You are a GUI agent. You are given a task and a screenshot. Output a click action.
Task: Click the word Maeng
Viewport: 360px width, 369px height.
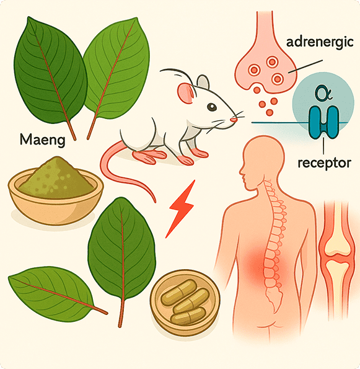click(42, 140)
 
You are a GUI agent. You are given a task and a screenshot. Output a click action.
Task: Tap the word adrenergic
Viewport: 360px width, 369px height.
click(320, 43)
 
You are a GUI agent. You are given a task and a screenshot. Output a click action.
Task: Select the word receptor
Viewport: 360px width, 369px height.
click(324, 163)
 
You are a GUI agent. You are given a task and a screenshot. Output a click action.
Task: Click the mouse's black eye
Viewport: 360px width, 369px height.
click(212, 107)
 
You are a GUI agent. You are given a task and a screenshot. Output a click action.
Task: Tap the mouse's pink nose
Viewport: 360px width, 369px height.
click(234, 120)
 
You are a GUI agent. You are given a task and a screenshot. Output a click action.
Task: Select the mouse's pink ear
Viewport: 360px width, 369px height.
click(186, 94)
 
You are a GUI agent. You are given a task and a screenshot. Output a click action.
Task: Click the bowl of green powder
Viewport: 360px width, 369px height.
click(56, 190)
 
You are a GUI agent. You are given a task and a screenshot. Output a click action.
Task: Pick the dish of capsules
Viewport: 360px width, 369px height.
click(185, 303)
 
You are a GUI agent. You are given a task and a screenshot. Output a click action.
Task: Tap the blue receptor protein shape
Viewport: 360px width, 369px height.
click(324, 123)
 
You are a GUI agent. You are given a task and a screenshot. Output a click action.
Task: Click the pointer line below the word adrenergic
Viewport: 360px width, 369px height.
click(305, 66)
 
